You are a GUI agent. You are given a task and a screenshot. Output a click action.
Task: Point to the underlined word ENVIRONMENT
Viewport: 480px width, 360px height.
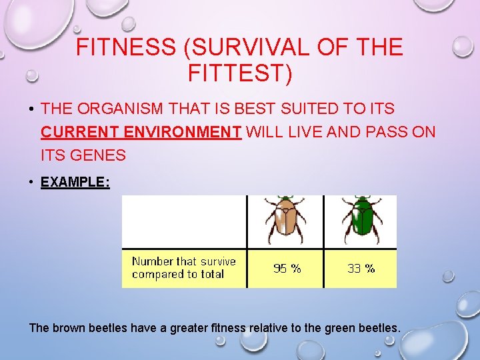tap(183, 131)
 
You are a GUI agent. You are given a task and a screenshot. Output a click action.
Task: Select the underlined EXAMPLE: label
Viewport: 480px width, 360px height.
tap(75, 181)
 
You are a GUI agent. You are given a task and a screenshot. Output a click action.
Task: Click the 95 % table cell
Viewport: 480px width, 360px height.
tap(287, 269)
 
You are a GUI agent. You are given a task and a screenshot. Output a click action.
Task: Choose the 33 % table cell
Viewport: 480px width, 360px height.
tap(361, 269)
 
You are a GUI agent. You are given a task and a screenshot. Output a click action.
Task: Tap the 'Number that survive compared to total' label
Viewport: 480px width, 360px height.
tap(183, 267)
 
